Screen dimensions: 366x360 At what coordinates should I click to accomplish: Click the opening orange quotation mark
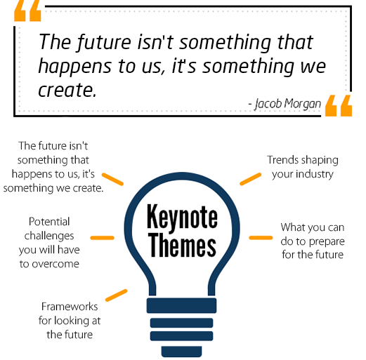27,11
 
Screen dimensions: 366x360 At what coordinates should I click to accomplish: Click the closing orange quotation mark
339,105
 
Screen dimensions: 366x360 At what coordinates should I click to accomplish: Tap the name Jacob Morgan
288,104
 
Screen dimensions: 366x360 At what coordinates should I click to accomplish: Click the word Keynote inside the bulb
182,217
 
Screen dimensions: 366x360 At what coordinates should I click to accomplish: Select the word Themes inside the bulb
182,245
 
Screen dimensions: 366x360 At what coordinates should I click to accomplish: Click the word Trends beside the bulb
281,160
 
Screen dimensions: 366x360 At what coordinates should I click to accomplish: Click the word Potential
49,222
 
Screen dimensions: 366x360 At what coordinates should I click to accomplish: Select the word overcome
55,264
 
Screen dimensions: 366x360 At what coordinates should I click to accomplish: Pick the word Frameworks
70,307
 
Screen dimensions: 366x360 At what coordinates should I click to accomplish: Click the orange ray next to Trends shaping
251,179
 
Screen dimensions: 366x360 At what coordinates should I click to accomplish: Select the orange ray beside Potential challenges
103,238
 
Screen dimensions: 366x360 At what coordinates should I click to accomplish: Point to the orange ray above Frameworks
117,295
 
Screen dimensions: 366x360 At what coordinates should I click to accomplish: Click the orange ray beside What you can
261,238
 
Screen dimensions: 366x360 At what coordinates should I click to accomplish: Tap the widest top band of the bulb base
181,305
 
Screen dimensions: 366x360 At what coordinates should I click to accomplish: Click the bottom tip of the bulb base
181,357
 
